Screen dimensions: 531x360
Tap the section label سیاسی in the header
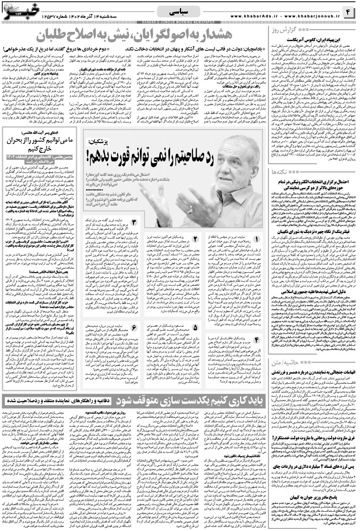(180, 12)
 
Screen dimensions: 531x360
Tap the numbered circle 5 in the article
(194, 328)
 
